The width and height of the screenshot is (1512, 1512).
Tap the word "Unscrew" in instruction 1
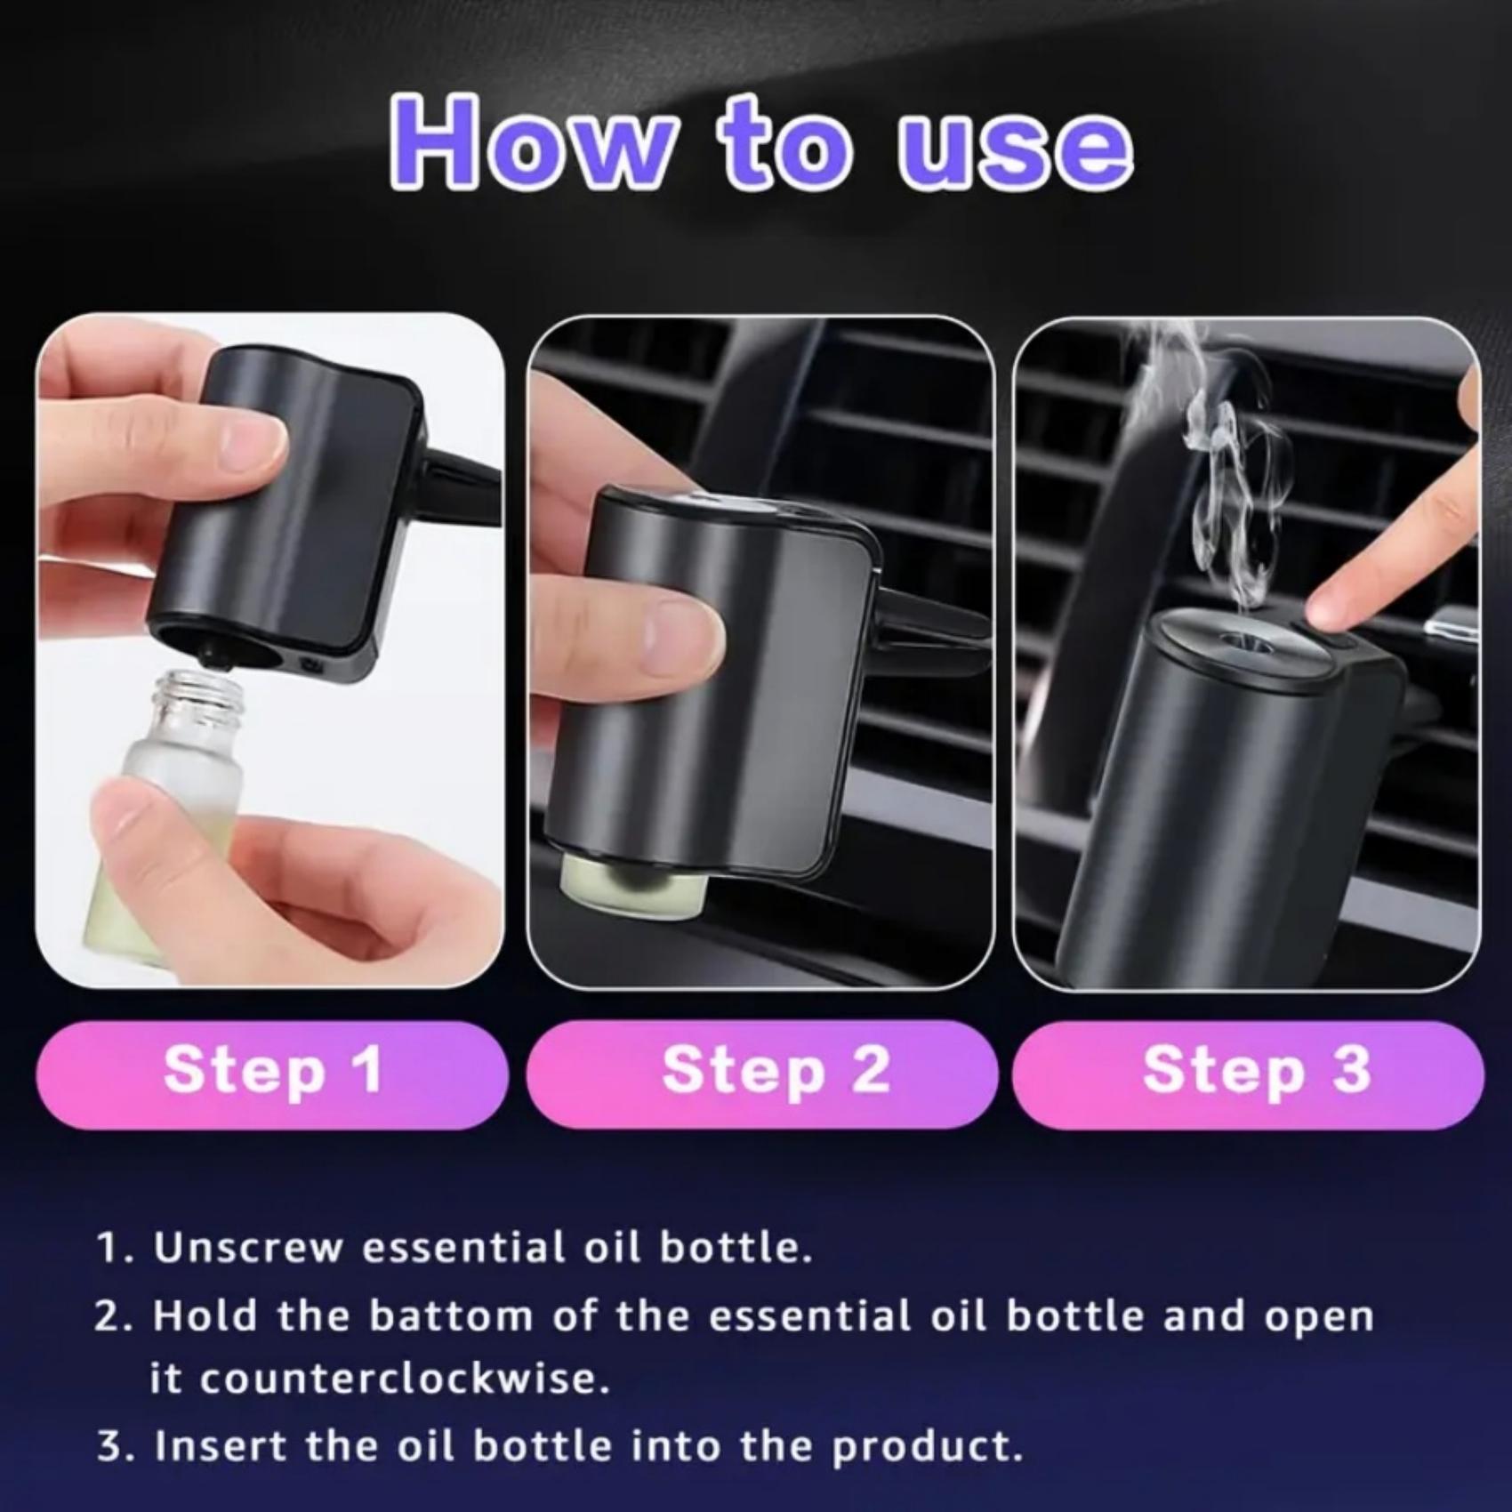248,1248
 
